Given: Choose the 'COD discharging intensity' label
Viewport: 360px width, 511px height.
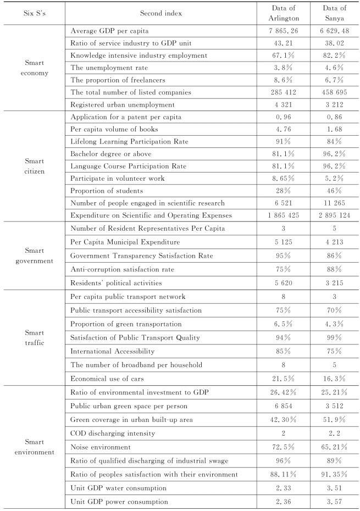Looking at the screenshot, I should click(x=113, y=434).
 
